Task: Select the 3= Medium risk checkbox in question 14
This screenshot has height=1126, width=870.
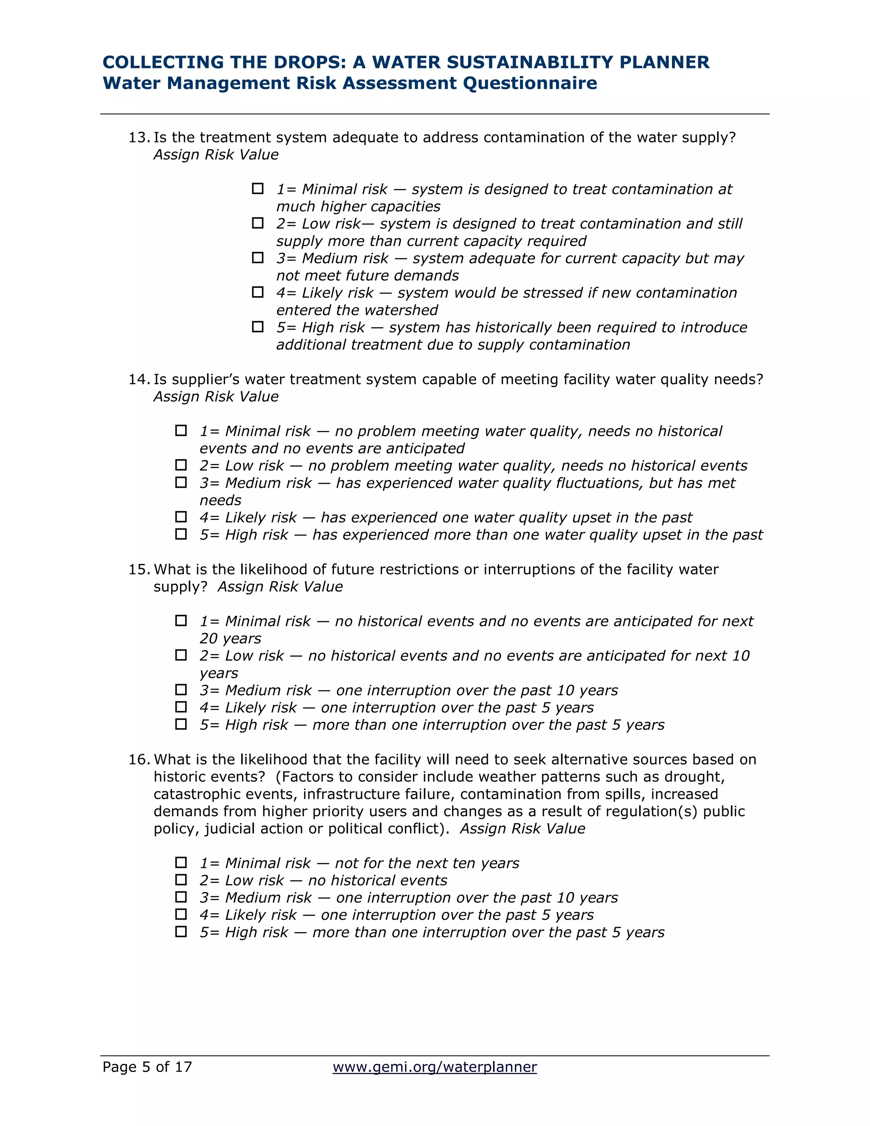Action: coord(181,483)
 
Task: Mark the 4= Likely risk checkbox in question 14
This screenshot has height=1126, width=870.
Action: coord(181,517)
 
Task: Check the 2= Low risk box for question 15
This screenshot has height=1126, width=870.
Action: coord(181,655)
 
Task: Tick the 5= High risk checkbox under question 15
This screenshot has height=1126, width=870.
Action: coord(181,724)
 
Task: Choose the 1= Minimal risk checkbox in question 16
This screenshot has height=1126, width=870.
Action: coord(181,863)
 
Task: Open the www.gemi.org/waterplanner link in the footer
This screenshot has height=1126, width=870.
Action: coord(435,1067)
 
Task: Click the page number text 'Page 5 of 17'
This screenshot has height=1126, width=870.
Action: coord(147,1067)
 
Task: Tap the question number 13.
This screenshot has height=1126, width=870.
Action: coord(138,138)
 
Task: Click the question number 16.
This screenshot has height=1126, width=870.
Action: coord(138,759)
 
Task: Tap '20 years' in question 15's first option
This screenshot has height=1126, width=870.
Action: coord(230,639)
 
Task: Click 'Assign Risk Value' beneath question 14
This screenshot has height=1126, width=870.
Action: coord(216,396)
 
